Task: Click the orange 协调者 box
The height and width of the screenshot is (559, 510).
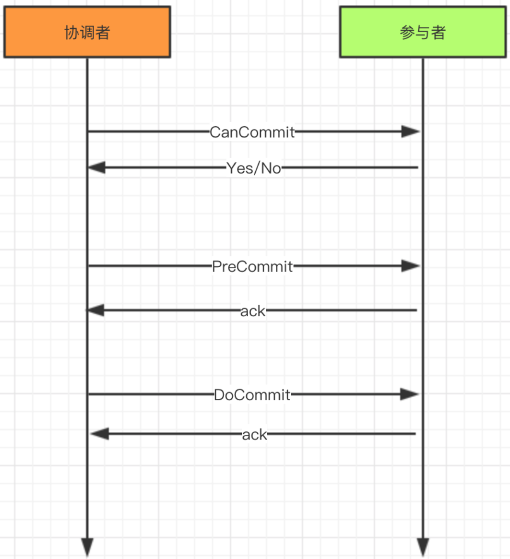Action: pyautogui.click(x=87, y=32)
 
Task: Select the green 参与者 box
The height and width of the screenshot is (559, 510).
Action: pyautogui.click(x=423, y=32)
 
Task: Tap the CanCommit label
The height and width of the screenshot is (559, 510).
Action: pyautogui.click(x=252, y=132)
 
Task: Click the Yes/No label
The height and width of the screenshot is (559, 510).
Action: pyautogui.click(x=254, y=168)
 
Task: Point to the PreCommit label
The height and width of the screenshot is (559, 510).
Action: pyautogui.click(x=252, y=266)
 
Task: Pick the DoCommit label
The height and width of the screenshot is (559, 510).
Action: pyautogui.click(x=252, y=394)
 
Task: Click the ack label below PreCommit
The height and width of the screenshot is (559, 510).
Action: pyautogui.click(x=253, y=311)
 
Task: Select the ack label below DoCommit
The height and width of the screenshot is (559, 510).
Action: pyautogui.click(x=254, y=434)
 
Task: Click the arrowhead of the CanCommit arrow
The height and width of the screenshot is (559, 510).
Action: pyautogui.click(x=411, y=131)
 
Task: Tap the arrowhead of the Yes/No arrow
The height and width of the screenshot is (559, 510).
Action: pyautogui.click(x=96, y=167)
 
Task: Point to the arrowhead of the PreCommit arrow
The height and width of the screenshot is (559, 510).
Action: pyautogui.click(x=411, y=266)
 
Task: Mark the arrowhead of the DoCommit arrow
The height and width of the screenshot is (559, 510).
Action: pyautogui.click(x=410, y=394)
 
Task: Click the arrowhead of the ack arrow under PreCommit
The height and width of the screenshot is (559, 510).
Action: pyautogui.click(x=95, y=310)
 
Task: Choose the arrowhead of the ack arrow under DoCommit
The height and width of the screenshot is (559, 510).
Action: pyautogui.click(x=100, y=434)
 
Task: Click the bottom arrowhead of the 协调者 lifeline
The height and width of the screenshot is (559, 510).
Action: pyautogui.click(x=87, y=547)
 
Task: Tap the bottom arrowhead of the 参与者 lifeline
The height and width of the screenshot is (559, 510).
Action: pyautogui.click(x=423, y=547)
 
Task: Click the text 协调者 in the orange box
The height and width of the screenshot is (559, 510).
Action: pyautogui.click(x=87, y=33)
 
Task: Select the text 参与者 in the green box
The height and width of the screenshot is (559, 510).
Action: pyautogui.click(x=423, y=33)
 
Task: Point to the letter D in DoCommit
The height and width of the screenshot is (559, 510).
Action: pyautogui.click(x=218, y=394)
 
